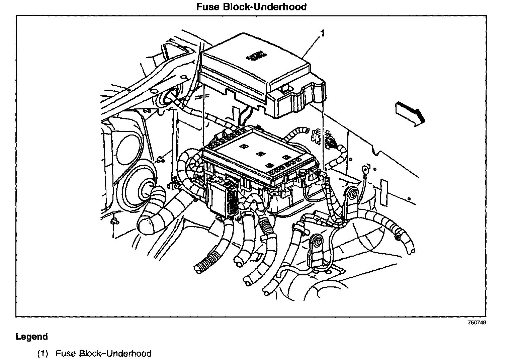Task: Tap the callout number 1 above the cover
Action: point(322,33)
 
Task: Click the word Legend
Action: point(32,337)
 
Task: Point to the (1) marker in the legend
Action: point(43,353)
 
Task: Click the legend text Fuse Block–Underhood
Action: point(103,353)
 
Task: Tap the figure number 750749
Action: point(477,323)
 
